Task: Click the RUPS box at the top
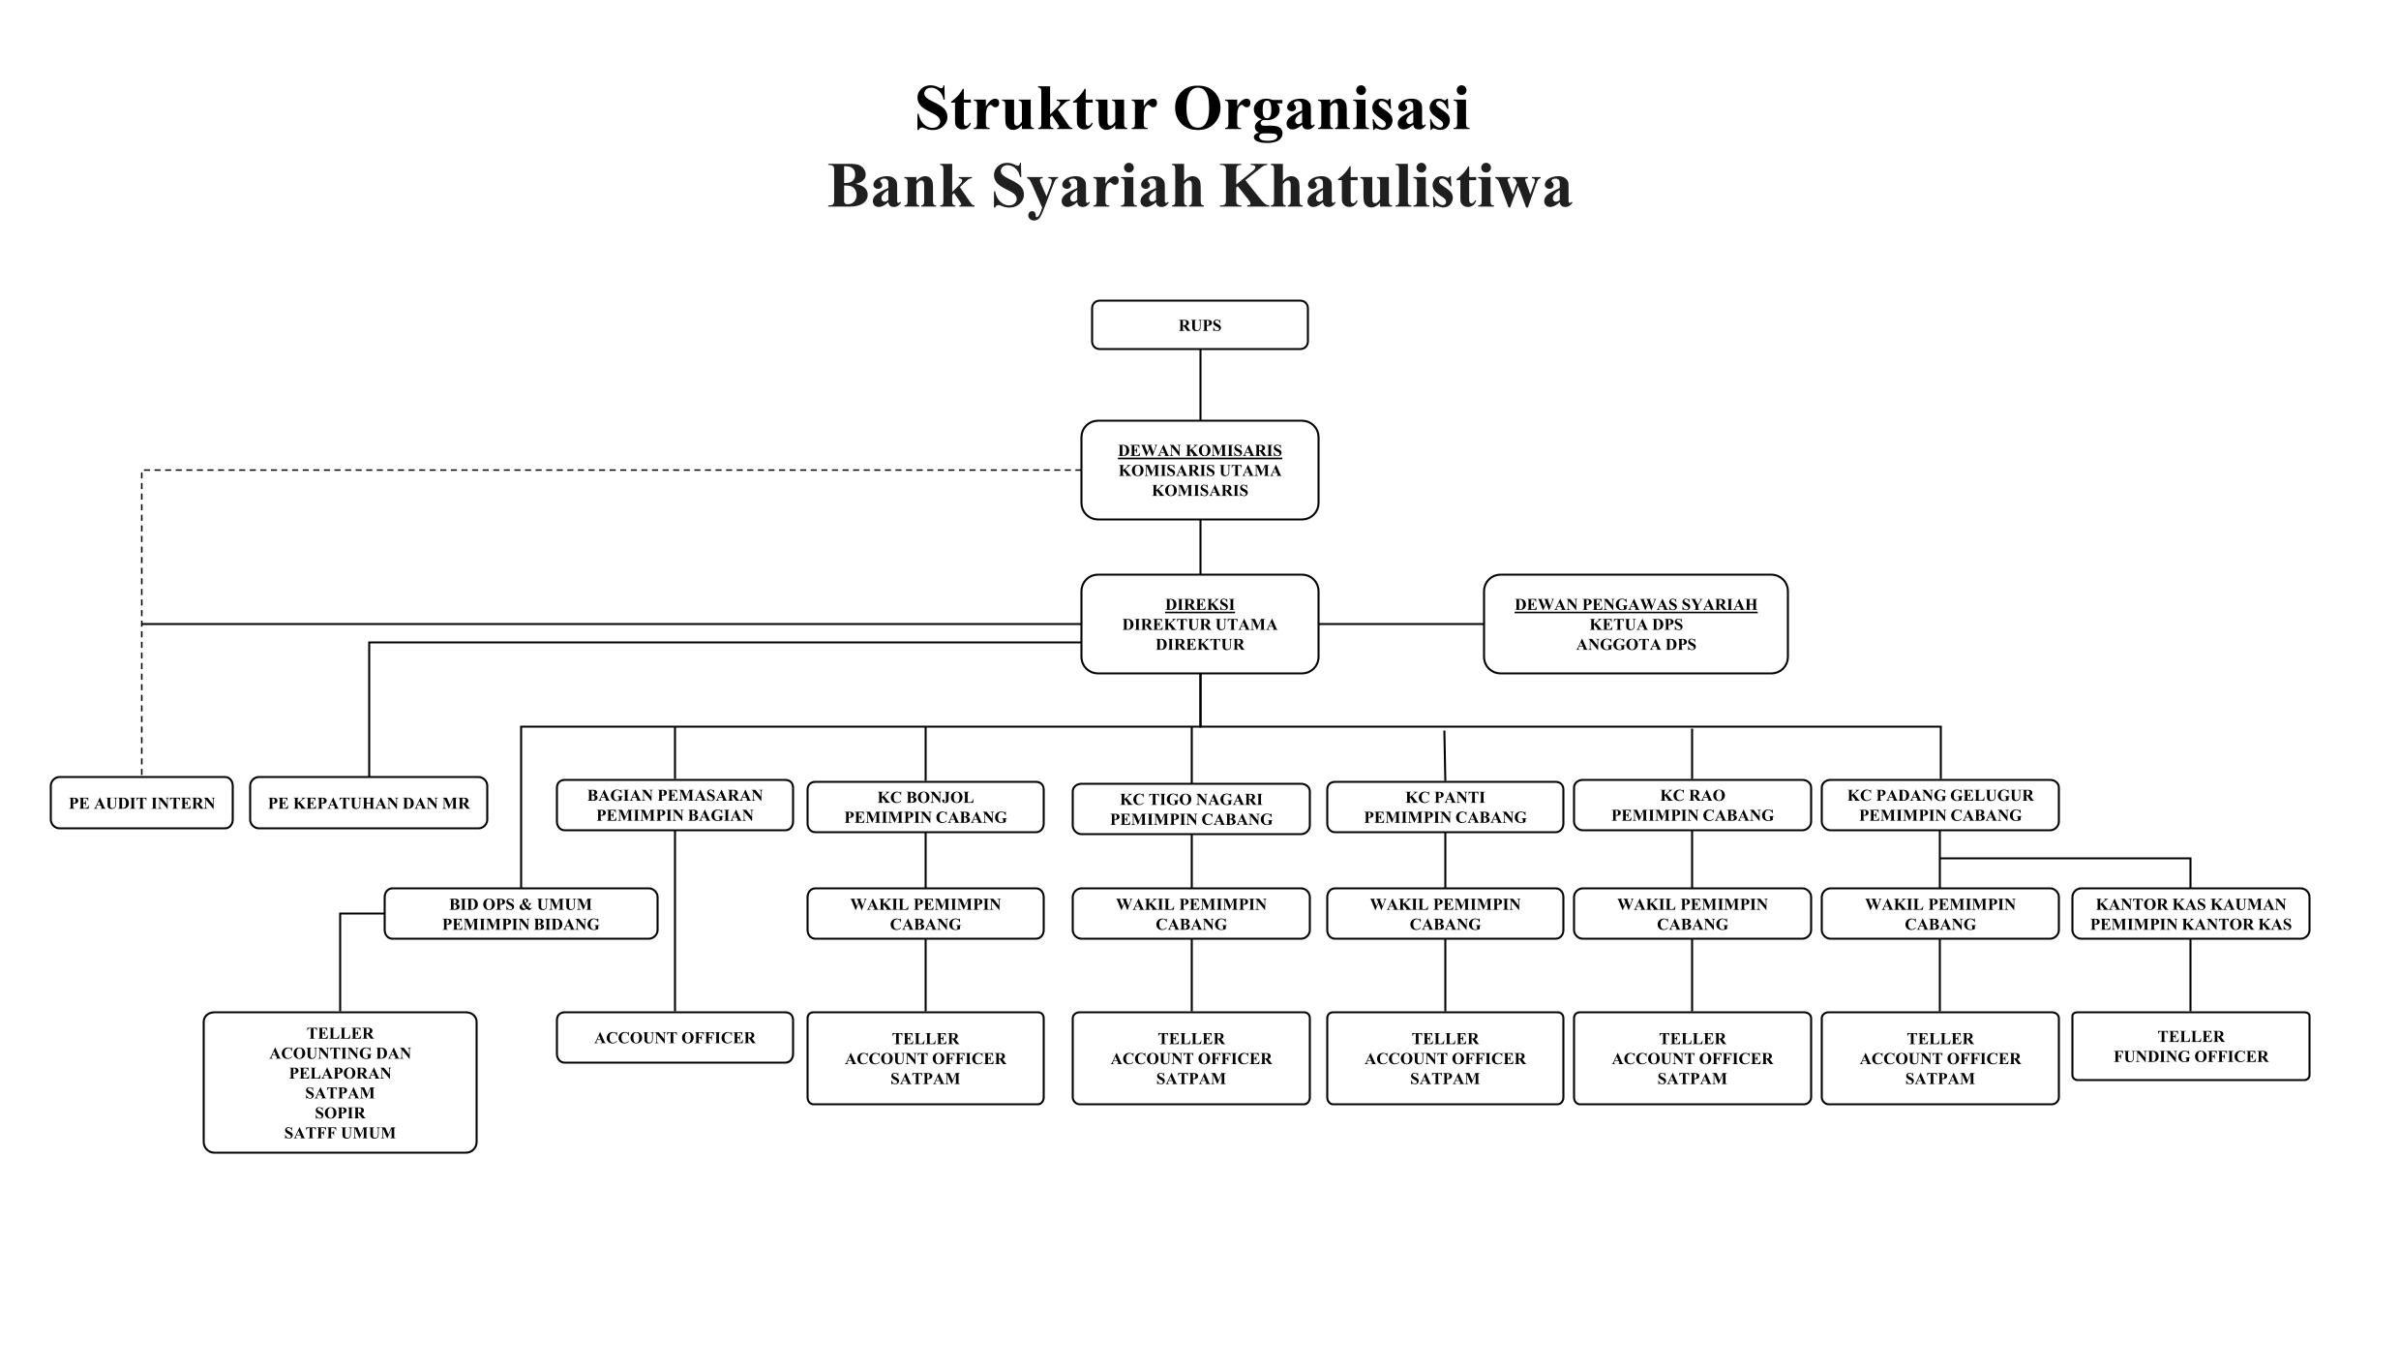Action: click(1199, 325)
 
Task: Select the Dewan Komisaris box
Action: click(1199, 471)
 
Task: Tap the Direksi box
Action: click(1199, 625)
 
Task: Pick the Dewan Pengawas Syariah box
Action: click(1635, 625)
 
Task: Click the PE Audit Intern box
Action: click(141, 804)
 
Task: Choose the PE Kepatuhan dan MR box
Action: click(368, 804)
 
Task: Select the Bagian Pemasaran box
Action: click(675, 806)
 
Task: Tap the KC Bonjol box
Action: click(925, 808)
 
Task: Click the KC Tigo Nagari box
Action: click(1190, 809)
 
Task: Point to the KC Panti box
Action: click(1445, 808)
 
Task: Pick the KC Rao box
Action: click(1692, 806)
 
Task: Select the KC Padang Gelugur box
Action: click(1939, 806)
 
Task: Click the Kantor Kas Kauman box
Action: click(2190, 914)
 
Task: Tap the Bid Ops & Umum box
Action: click(521, 914)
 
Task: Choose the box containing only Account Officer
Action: click(675, 1038)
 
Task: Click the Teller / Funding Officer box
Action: click(2190, 1047)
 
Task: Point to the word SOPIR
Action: click(340, 1113)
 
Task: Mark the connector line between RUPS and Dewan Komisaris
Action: click(1200, 384)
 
